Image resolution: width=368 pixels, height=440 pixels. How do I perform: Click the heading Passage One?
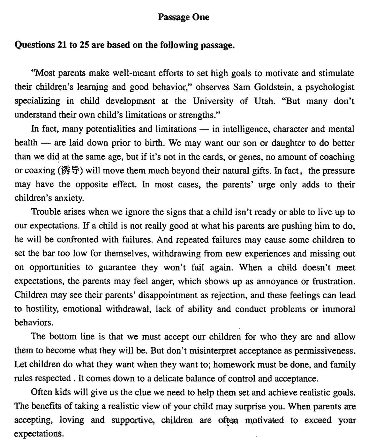184,17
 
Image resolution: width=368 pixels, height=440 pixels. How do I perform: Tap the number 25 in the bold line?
84,45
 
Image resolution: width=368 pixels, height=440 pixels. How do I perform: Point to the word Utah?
264,101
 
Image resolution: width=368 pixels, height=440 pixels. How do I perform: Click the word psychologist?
330,87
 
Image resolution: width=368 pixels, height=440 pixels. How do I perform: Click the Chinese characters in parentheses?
70,171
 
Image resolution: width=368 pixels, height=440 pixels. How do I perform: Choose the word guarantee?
117,267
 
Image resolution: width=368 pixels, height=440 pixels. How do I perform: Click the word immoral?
339,309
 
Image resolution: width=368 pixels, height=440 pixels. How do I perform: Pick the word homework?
234,364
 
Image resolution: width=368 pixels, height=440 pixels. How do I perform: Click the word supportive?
132,420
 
